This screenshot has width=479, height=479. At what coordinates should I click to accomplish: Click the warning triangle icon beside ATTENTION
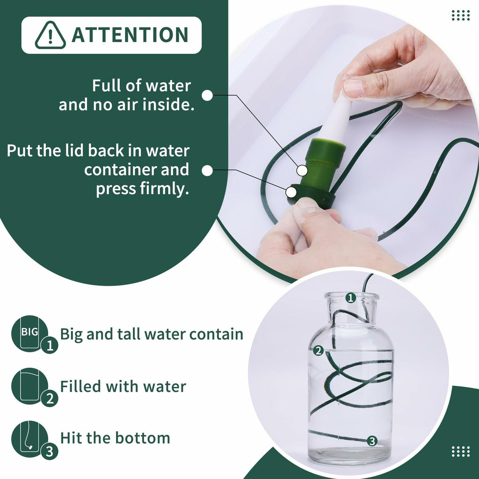click(50, 35)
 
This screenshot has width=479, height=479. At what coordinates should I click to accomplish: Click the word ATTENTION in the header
click(130, 35)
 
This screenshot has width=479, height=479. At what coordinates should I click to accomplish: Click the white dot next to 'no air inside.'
click(207, 95)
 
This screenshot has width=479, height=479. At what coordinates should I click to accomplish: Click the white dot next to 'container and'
click(207, 171)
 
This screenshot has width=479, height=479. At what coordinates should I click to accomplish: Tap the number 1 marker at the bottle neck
click(350, 298)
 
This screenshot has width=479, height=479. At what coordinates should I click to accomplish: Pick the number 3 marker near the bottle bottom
click(372, 441)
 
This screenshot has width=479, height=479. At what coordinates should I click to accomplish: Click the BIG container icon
click(29, 334)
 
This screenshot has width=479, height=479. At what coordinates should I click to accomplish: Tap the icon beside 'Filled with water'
click(29, 386)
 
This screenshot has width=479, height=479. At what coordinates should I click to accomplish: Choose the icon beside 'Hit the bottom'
click(29, 438)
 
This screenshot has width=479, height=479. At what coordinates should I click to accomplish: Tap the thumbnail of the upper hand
click(353, 88)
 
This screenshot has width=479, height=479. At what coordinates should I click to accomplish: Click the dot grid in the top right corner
click(460, 15)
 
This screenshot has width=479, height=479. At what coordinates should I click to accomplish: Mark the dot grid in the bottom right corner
click(460, 451)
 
